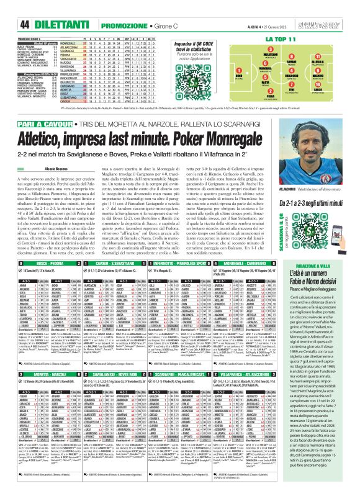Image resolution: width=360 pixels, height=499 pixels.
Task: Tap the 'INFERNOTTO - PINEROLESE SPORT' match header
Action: pos(205,263)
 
